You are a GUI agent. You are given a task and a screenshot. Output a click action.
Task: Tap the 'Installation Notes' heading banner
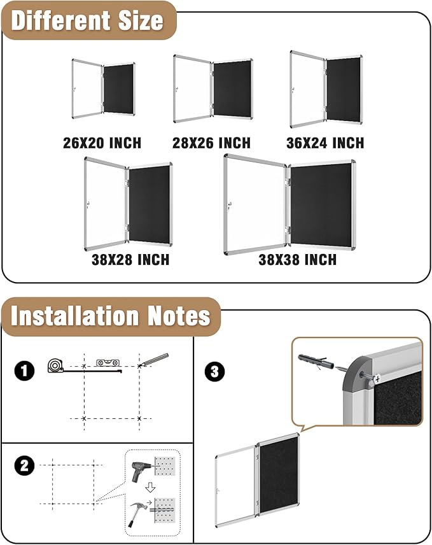[x=111, y=316]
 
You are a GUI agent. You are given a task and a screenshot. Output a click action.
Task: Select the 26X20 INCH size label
[x=102, y=143]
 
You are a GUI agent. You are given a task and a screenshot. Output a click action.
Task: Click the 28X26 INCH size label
[x=211, y=143]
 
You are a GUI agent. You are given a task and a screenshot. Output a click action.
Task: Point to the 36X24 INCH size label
[x=325, y=143]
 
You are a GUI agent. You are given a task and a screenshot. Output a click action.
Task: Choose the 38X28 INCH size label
[x=130, y=260]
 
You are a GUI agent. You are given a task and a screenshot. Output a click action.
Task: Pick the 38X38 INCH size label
[x=297, y=260]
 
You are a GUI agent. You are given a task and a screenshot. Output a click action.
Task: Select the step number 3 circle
[x=214, y=371]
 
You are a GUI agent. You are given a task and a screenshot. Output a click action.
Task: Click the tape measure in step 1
[x=56, y=365]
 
